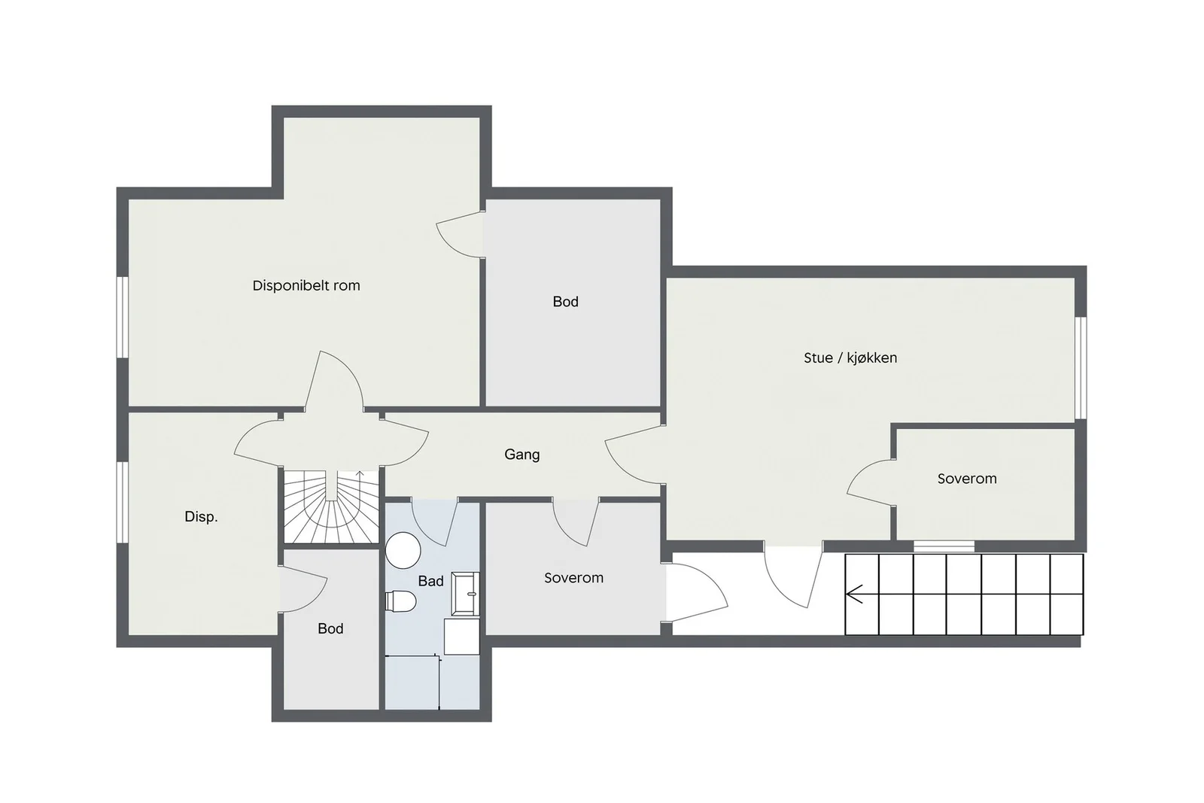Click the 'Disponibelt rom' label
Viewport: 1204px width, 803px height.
306,285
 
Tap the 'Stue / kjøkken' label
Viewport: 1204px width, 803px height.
850,358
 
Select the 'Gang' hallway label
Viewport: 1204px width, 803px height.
522,455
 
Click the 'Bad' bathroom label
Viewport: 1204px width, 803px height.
430,581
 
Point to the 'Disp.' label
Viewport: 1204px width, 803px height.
201,517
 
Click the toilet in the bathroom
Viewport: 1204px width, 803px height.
400,601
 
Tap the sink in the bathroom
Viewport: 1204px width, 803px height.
465,593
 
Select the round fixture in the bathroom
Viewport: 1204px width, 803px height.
403,550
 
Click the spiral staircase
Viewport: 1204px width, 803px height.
332,506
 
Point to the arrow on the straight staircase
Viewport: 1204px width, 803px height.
854,595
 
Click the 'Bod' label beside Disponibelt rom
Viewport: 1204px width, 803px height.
565,302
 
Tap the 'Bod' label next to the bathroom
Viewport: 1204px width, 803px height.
330,629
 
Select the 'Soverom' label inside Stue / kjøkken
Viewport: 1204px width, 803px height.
967,479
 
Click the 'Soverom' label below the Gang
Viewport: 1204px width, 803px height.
573,578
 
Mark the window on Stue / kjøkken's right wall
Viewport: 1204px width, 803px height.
1081,368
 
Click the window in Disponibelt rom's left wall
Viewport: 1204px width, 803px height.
123,317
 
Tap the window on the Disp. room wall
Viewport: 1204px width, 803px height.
123,502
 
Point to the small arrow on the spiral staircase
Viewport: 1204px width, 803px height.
360,473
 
